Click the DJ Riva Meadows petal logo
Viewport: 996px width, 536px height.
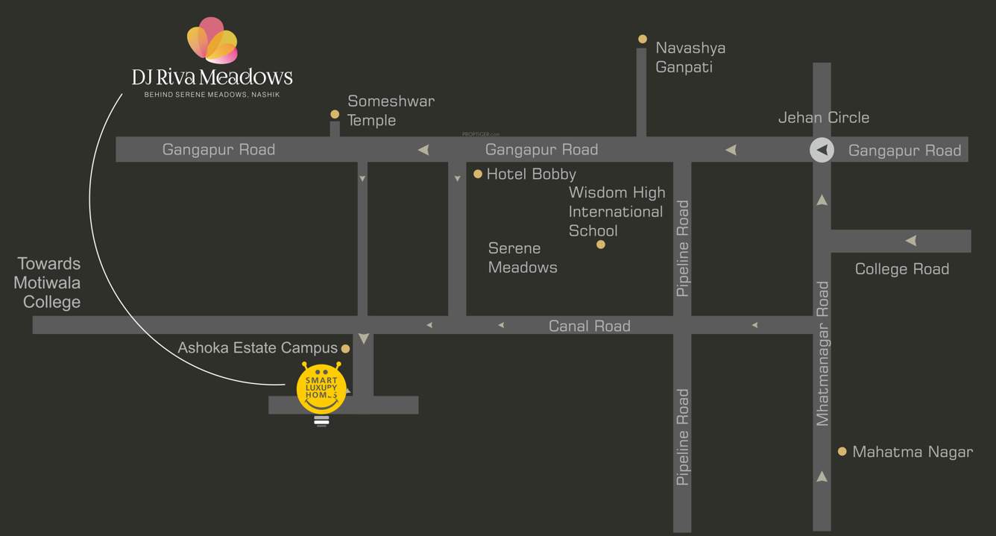[x=212, y=40]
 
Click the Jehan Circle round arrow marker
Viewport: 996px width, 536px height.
[x=822, y=150]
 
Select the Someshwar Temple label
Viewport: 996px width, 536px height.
[x=391, y=110]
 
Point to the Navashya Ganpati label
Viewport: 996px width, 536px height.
[x=690, y=57]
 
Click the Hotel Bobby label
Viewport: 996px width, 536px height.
[x=531, y=174]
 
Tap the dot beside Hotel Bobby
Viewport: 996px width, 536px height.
[x=478, y=174]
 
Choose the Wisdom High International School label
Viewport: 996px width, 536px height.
[x=616, y=212]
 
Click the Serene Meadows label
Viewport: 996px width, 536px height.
[x=523, y=257]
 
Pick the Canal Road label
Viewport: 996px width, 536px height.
[x=589, y=326]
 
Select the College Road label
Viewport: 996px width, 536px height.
[x=901, y=269]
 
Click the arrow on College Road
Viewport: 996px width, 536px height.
[x=910, y=241]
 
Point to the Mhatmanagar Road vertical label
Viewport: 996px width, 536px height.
[x=822, y=353]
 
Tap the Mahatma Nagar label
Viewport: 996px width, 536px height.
[x=913, y=452]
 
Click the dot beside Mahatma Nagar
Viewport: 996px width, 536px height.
[x=842, y=451]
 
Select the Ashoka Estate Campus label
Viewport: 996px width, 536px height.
[x=257, y=348]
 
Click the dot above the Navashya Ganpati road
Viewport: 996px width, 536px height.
[x=642, y=39]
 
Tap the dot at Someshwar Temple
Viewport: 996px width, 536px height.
[x=335, y=114]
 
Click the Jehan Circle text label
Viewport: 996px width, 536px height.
[x=823, y=118]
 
